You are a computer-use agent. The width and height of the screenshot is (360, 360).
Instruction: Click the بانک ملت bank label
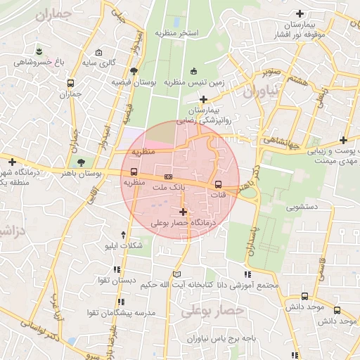[168, 187]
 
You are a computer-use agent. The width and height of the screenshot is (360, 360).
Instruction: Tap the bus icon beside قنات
[217, 185]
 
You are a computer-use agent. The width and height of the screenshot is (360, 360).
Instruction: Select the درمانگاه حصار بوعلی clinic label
[184, 222]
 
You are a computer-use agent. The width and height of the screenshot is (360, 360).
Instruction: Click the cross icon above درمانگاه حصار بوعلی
[184, 211]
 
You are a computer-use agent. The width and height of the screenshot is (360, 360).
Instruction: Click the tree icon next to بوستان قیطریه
[133, 70]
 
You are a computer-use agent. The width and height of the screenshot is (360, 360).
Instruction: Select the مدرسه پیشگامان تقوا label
[116, 311]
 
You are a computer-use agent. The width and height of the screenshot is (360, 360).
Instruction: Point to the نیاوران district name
[261, 91]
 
